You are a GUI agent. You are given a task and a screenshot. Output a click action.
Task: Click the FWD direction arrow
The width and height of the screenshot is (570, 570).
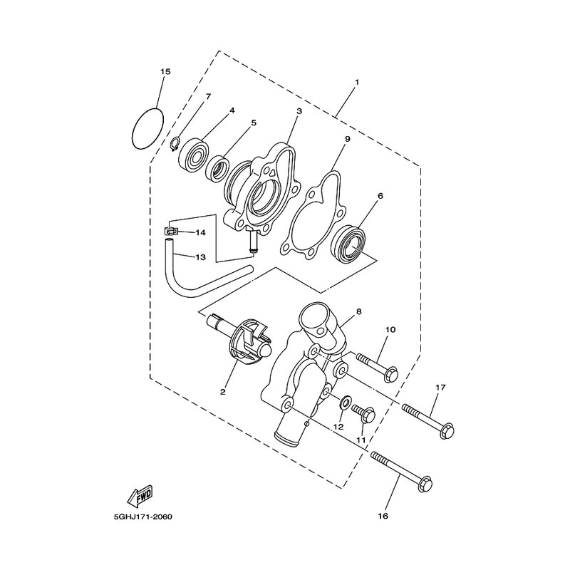(x=140, y=495)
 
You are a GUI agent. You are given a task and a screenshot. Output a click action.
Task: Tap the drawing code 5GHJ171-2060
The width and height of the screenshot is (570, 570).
(x=143, y=517)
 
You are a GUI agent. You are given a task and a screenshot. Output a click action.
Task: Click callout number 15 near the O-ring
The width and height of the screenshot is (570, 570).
(x=165, y=72)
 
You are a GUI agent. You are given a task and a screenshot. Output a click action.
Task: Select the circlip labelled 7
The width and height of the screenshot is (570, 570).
(x=174, y=144)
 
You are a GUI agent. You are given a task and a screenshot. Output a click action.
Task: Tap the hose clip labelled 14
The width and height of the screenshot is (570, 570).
(x=170, y=231)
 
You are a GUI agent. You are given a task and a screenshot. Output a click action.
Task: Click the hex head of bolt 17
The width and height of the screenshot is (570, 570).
(x=447, y=430)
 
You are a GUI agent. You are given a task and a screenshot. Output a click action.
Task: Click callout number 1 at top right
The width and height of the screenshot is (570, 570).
(x=357, y=83)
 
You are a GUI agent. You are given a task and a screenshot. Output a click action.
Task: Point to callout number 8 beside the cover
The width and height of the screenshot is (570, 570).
(x=359, y=311)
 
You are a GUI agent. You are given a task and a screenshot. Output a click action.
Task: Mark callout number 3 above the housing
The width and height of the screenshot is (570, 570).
(x=299, y=112)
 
